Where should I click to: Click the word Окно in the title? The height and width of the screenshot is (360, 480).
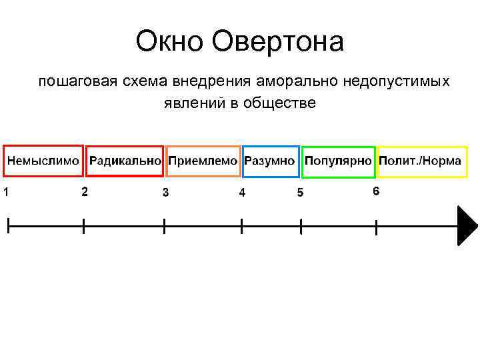[169, 43]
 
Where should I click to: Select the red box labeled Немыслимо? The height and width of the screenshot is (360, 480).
[43, 161]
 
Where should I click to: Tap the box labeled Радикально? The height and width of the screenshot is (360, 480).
[125, 161]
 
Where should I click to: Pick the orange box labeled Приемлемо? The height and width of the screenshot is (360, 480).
[203, 161]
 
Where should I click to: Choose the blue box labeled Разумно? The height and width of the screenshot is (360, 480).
[270, 161]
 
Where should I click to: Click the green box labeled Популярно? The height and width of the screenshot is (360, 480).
[338, 161]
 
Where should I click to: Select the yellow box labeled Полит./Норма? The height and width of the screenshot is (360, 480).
[421, 161]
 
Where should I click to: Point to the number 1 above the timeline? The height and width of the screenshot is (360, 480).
[5, 193]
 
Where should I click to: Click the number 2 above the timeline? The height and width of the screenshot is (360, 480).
[84, 192]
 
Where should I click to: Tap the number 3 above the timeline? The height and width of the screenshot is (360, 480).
[165, 193]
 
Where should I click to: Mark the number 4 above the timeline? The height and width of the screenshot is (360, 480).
[242, 193]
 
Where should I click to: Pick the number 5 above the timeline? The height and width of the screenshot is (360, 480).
[300, 193]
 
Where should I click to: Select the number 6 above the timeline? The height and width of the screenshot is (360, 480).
[376, 191]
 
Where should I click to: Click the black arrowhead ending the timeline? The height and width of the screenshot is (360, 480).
[467, 226]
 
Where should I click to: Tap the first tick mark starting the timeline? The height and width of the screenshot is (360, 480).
[8, 226]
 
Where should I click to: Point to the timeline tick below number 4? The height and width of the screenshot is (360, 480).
[241, 226]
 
